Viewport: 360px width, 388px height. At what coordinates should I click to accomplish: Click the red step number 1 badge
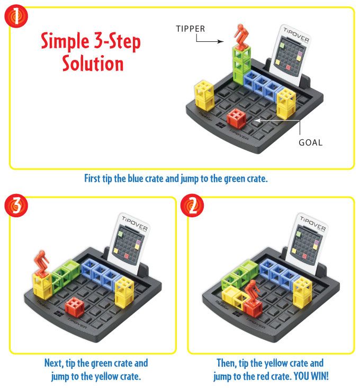[16, 16]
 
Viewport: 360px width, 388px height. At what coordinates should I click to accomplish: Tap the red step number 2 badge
[192, 205]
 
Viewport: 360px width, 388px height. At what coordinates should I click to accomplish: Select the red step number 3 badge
[16, 205]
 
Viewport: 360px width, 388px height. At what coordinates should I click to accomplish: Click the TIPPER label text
[190, 29]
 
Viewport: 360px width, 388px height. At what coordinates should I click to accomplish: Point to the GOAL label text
[311, 143]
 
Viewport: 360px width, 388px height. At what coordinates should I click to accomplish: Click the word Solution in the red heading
[93, 64]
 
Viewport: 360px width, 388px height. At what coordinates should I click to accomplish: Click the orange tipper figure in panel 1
[241, 36]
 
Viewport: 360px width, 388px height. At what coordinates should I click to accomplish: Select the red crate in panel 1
[237, 118]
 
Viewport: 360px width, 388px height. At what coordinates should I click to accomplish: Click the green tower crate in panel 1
[241, 66]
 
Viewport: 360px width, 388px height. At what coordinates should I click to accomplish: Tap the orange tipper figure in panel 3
[41, 263]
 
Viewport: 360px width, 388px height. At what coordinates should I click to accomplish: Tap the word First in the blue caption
[92, 179]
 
